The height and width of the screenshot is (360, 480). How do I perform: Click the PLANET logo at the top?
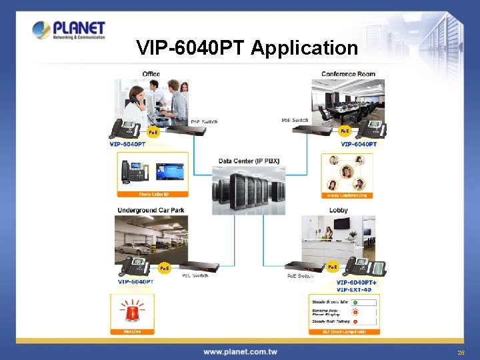pos(69,30)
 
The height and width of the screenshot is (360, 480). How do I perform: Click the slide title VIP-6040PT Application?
pos(247,48)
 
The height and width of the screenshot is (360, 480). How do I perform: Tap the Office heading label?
pos(151,73)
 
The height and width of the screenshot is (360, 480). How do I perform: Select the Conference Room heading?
pos(348,73)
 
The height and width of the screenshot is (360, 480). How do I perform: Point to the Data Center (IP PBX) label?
pos(249,161)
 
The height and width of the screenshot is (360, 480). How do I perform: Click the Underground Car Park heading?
pos(151,210)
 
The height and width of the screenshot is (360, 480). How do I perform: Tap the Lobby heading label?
pos(338,210)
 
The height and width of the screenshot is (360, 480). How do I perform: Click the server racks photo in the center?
pos(248,189)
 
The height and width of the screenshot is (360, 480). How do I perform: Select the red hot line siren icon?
pos(136,311)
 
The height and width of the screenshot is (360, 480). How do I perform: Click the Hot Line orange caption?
pos(136,331)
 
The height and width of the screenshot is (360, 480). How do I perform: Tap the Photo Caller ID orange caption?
pos(153,194)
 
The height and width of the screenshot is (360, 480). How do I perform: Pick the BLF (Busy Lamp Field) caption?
pos(344,331)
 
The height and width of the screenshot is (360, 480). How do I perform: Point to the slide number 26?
pos(461,351)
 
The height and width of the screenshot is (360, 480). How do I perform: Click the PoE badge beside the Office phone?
pos(153,132)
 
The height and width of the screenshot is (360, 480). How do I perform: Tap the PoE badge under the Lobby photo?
pos(332,267)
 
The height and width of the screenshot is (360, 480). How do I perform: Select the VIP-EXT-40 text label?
pos(354,289)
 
